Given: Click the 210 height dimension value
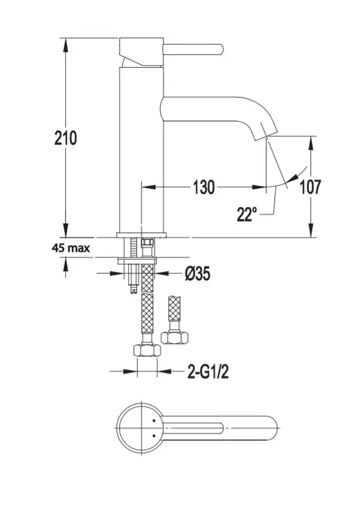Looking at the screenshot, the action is [65, 138].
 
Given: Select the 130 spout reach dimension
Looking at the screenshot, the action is [203, 187].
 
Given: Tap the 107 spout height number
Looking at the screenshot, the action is [311, 187].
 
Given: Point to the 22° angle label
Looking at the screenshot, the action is [247, 214].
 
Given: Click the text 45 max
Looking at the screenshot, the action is [71, 248].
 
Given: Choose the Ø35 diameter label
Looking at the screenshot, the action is [197, 274].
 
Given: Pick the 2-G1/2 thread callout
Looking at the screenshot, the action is [208, 371].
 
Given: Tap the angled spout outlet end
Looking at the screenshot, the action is [265, 134].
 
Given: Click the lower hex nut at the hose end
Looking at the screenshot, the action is [147, 351].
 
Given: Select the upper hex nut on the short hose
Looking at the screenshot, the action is [175, 338].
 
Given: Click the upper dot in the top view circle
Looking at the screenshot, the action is [154, 420].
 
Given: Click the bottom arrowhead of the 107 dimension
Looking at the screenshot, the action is [311, 231].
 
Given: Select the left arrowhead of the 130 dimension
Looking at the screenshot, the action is [149, 187].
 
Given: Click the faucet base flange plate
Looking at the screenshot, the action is [142, 235].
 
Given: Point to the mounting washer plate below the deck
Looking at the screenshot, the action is [137, 261].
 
